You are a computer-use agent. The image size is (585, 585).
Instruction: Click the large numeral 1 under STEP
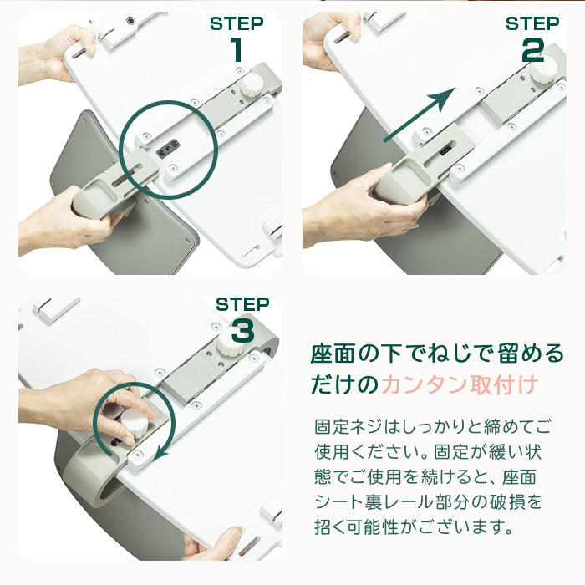[x=237, y=49]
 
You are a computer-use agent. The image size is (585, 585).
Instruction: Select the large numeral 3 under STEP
[x=243, y=331]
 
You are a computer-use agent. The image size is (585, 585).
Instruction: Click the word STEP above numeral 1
[x=237, y=23]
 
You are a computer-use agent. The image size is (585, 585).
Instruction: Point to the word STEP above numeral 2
[x=532, y=23]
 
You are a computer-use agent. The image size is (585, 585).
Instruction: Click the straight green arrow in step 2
[x=420, y=114]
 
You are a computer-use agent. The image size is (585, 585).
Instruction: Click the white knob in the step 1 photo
[x=252, y=84]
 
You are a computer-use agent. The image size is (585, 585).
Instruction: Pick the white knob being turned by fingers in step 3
[x=135, y=423]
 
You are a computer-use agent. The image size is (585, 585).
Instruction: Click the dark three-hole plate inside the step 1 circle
[x=168, y=149]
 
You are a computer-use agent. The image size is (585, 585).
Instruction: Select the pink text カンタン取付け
[x=460, y=384]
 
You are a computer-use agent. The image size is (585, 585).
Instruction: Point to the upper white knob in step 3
[x=231, y=343]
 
